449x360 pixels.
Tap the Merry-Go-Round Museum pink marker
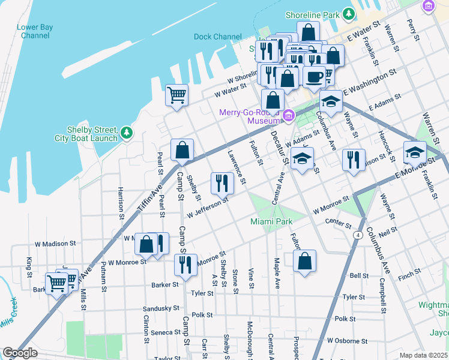288,115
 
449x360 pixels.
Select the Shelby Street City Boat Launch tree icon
126,132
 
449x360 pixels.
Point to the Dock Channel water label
217,37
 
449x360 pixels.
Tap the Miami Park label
271,221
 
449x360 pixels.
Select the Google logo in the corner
20,353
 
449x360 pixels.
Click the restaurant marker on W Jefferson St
222,183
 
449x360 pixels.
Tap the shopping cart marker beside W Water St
176,95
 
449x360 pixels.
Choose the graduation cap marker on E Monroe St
415,153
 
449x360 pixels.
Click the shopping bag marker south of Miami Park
305,261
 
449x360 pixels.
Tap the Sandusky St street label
161,309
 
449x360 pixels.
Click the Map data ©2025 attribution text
424,355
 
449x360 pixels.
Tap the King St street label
29,267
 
